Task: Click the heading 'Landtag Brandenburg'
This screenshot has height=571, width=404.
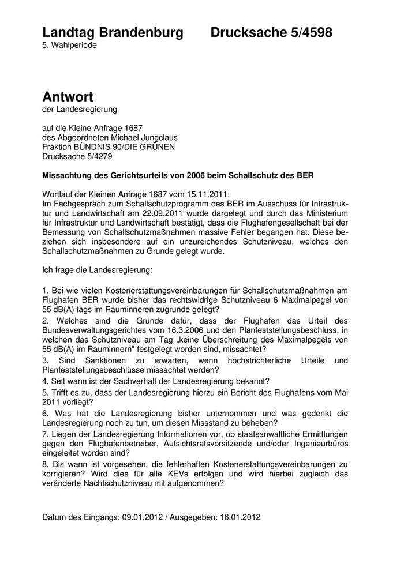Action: click(113, 33)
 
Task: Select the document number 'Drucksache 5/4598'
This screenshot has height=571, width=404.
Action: click(271, 33)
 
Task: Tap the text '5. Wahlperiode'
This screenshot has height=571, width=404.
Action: click(70, 44)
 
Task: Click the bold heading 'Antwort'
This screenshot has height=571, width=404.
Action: click(68, 96)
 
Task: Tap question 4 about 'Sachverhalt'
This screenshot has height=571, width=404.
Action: click(156, 381)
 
